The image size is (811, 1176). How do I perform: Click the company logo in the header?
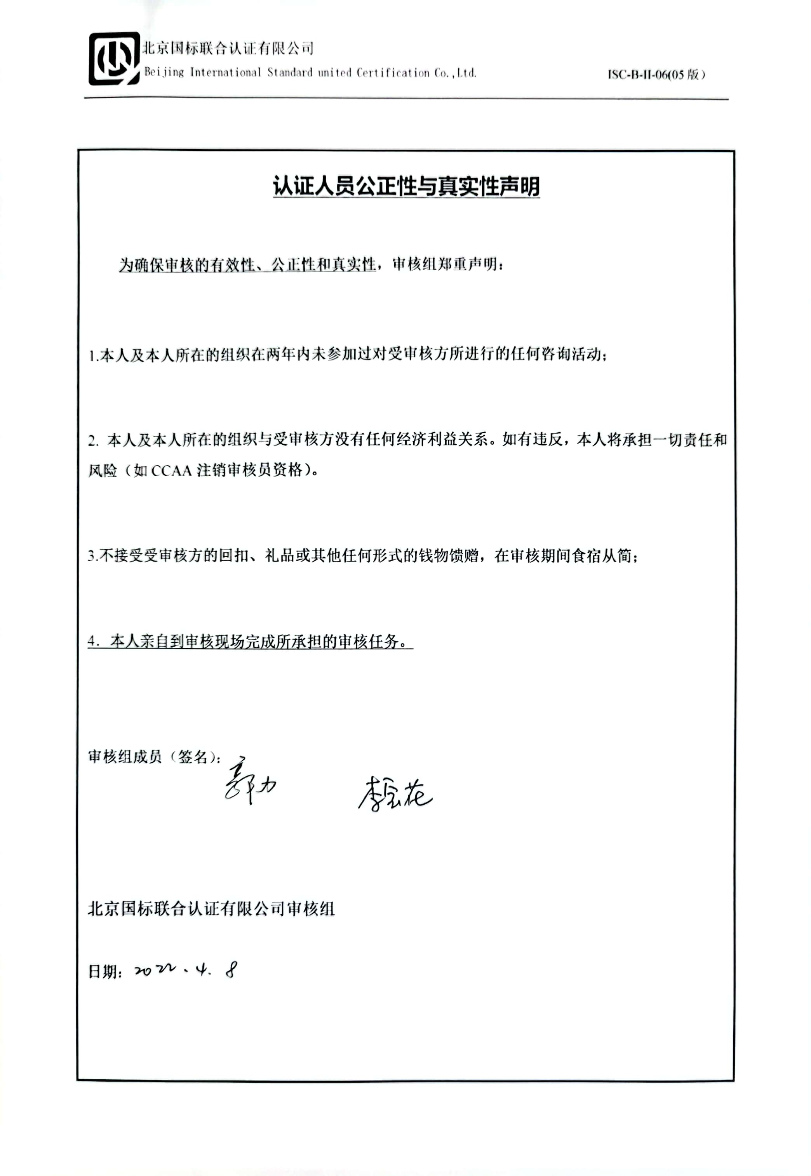point(114,59)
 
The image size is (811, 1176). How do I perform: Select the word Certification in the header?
point(392,73)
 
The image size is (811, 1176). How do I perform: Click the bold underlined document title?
point(405,186)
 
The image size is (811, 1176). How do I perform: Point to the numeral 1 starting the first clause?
point(92,356)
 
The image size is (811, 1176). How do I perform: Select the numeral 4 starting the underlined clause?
point(92,642)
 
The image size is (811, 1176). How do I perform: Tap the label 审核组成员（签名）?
point(153,757)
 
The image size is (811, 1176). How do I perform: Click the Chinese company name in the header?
point(227,49)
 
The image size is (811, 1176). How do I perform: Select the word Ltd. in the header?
point(466,73)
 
